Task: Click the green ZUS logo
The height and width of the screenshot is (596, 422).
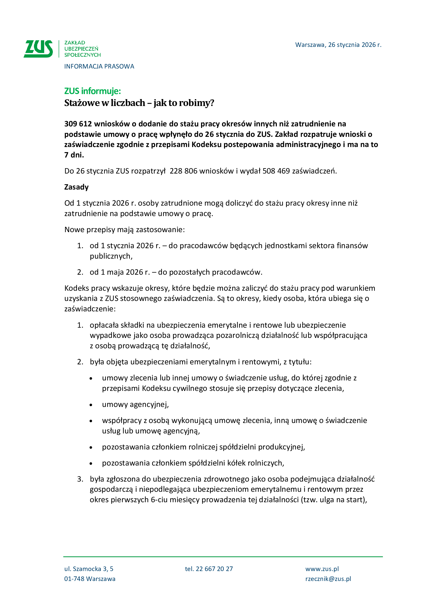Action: [x=38, y=49]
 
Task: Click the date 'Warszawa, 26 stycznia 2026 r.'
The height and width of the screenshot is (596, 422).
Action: [x=338, y=45]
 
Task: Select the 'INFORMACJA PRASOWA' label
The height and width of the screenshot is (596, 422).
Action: [x=99, y=67]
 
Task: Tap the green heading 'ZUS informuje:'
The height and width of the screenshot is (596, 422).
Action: [x=93, y=91]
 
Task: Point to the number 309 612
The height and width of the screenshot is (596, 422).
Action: [x=78, y=124]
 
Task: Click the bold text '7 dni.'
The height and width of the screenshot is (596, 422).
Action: [x=74, y=155]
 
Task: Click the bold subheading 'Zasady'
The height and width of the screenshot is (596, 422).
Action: [x=76, y=187]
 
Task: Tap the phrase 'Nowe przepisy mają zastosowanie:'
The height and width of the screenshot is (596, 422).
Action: [x=125, y=230]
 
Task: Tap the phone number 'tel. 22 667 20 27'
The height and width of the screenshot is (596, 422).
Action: [x=209, y=569]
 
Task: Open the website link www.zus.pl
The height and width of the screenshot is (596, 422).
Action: [x=322, y=569]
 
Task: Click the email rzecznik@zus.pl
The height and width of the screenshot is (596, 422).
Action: [x=328, y=579]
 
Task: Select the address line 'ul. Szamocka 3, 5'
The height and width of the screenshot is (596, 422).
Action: [x=89, y=569]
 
